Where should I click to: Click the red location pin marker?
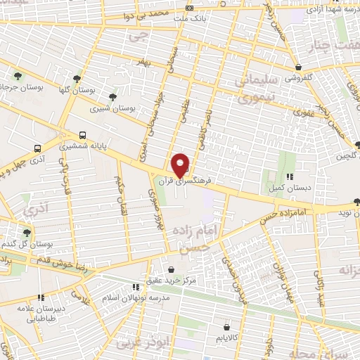click(181, 165)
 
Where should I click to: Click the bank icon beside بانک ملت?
click(188, 8)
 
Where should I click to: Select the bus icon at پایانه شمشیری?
click(83, 135)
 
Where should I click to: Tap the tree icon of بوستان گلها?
click(77, 79)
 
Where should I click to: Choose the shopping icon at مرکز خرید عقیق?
click(172, 269)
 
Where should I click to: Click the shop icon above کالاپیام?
click(226, 326)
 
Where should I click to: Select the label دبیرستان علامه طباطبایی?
click(41, 312)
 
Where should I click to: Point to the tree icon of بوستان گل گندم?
click(26, 232)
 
